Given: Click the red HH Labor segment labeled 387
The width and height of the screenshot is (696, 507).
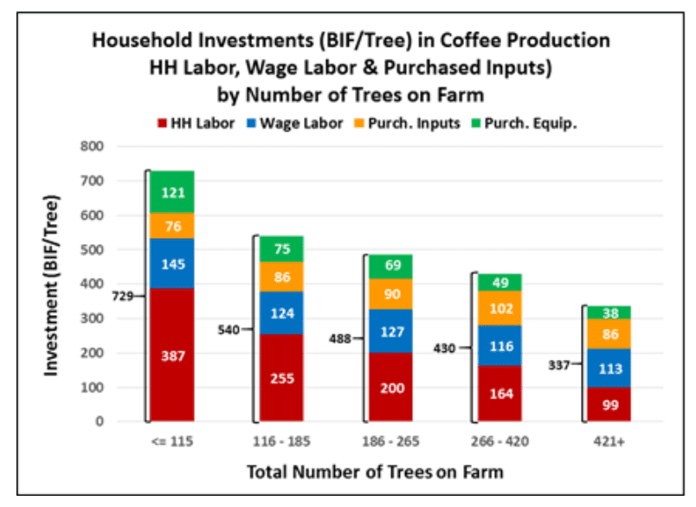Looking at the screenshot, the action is point(172,355).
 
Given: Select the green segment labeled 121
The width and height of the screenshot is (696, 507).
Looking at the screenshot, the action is point(172,191).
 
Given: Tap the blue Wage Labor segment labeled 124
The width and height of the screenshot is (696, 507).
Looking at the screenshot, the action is point(281,312).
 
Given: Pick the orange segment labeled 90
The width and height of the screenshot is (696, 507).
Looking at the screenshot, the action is point(391,293).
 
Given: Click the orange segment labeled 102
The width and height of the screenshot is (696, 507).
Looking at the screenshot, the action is point(500,308).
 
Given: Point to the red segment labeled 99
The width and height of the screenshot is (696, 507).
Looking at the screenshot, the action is point(609,404).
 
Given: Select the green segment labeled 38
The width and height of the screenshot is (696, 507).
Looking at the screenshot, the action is point(609,312).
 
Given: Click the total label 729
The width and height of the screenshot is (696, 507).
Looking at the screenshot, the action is point(123,296).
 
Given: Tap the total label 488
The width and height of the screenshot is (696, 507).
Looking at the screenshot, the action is point(339,339).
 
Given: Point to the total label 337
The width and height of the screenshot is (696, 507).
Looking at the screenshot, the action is point(559,365).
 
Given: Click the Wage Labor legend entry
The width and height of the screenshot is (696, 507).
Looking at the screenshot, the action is point(295,124).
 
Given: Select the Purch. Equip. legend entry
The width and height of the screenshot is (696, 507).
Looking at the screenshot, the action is point(525,124).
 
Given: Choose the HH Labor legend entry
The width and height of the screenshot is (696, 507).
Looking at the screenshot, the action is point(196,124).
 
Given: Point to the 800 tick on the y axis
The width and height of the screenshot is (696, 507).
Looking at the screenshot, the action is point(92,146).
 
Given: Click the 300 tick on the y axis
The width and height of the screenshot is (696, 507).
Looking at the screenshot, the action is point(92,318).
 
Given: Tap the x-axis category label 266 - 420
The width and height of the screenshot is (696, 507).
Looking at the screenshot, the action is point(499,441).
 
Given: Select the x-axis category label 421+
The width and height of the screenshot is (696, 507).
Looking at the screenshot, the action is point(609,441).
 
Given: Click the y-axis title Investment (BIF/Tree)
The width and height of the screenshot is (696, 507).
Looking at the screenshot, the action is point(51,286).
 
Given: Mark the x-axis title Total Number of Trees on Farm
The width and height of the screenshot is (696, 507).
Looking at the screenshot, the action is point(375,472).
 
